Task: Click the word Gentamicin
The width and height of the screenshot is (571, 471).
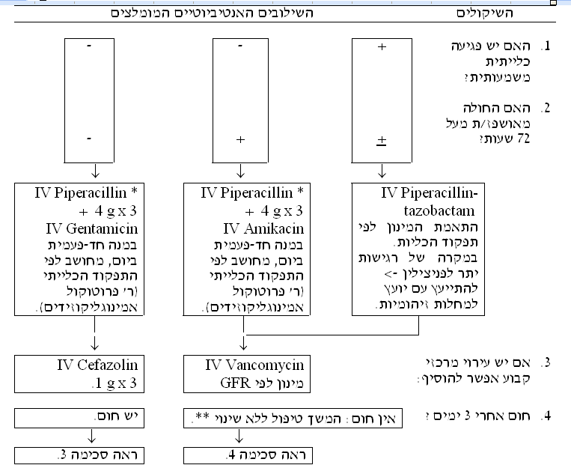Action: [103, 229]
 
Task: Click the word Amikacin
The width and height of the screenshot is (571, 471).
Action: [274, 229]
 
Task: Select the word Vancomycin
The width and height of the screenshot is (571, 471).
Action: [265, 365]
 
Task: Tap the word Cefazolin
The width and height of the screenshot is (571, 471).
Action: [108, 365]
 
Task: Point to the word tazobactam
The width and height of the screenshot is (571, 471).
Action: [439, 211]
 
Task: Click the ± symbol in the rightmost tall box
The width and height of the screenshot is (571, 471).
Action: [381, 141]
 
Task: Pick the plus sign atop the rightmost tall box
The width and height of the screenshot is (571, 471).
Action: [382, 46]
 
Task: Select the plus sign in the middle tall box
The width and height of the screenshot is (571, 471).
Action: [240, 139]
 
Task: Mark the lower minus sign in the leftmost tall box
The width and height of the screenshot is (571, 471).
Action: [89, 139]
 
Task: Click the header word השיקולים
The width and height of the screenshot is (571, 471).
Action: [485, 13]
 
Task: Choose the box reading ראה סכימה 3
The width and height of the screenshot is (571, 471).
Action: [79, 455]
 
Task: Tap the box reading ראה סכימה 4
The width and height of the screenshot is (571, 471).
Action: [248, 455]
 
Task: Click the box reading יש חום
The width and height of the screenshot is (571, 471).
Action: [79, 418]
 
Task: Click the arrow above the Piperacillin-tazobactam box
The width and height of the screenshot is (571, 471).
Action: [382, 171]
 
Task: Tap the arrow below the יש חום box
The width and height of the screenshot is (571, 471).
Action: [92, 436]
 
